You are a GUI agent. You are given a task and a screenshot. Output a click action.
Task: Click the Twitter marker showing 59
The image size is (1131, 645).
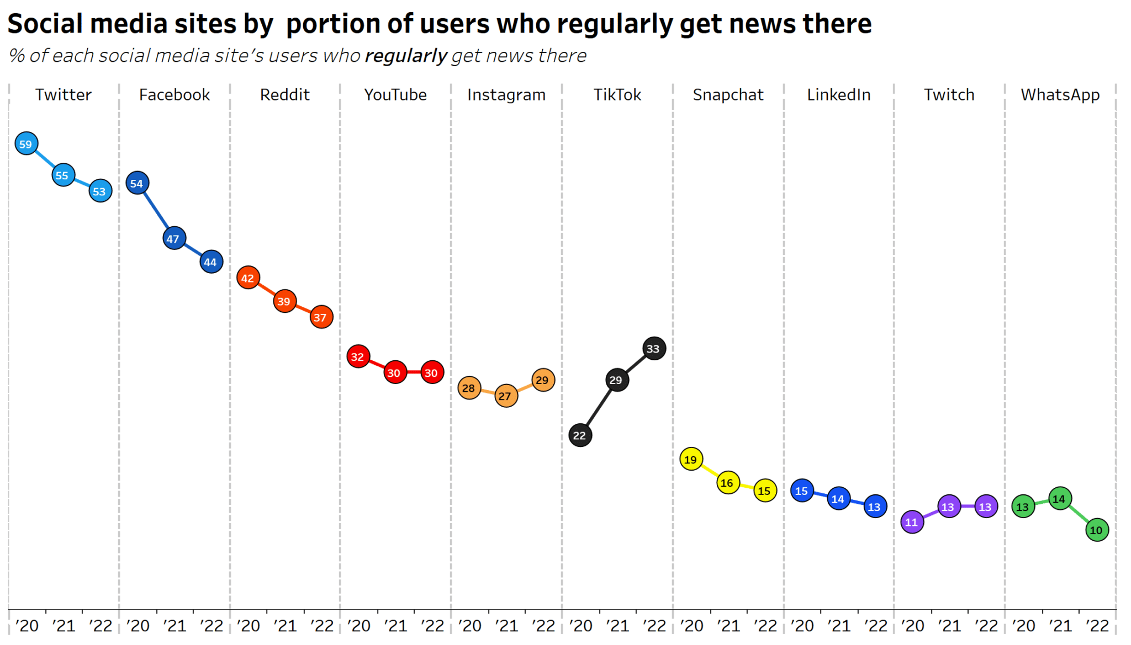click(x=26, y=144)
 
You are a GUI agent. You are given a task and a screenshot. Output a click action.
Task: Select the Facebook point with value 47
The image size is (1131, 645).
click(x=174, y=238)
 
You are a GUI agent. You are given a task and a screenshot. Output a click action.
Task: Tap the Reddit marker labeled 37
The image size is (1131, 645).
click(x=321, y=317)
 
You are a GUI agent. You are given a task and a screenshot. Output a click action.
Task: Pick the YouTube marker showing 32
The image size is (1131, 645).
click(x=358, y=356)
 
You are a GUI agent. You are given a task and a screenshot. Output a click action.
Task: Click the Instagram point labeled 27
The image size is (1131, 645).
click(x=506, y=396)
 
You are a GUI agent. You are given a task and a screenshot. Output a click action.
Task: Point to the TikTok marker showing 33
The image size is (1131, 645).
click(x=654, y=349)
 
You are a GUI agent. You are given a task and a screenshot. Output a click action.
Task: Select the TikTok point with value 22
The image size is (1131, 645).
click(x=580, y=435)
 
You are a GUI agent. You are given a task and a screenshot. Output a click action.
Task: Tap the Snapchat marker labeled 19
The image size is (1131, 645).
click(x=691, y=459)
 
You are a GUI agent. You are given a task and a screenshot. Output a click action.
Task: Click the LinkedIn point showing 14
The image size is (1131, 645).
click(x=838, y=499)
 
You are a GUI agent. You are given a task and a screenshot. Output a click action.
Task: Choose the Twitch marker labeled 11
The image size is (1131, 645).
click(x=912, y=522)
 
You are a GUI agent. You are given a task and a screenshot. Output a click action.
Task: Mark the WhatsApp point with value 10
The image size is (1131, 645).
click(x=1097, y=530)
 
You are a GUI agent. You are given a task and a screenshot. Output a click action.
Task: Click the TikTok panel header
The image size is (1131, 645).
click(x=617, y=95)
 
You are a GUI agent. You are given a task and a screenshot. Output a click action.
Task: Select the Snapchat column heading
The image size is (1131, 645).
click(x=728, y=95)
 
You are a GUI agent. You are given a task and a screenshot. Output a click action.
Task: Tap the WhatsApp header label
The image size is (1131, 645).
click(x=1060, y=95)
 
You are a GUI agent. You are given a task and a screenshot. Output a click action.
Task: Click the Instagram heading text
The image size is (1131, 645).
click(x=506, y=95)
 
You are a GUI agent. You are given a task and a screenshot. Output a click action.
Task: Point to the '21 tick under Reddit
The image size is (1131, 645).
click(x=285, y=626)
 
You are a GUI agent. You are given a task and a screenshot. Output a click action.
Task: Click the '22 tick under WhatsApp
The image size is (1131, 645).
click(x=1097, y=626)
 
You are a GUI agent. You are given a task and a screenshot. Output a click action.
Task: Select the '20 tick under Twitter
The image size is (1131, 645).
click(x=27, y=626)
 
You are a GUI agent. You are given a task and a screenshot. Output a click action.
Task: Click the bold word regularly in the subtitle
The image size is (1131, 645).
click(x=406, y=56)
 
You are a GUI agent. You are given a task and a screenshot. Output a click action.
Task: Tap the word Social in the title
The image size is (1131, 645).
click(x=45, y=24)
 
